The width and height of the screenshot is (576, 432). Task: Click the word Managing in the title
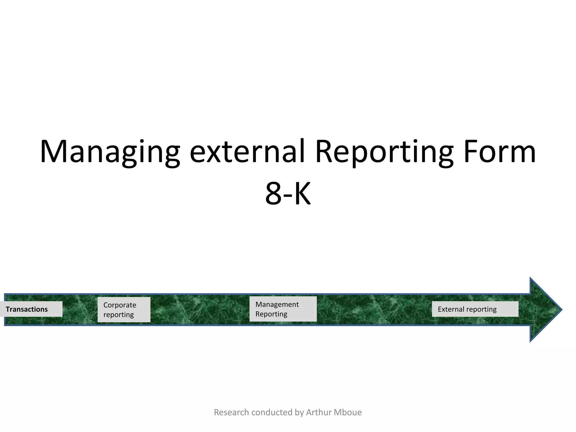tap(110, 152)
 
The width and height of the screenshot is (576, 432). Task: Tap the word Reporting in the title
tap(384, 152)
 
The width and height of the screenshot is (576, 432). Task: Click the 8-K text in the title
tap(288, 194)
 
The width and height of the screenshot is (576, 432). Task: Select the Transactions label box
tap(31, 309)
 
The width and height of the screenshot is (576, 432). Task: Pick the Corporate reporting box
tap(124, 310)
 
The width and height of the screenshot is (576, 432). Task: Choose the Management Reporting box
tap(283, 309)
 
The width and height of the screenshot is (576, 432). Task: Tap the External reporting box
tap(475, 309)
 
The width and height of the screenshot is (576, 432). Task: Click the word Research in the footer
tap(231, 412)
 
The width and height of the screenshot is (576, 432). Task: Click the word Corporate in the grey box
tap(120, 305)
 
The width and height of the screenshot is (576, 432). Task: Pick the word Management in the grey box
tap(277, 304)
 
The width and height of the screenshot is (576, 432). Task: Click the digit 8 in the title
tap(273, 194)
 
